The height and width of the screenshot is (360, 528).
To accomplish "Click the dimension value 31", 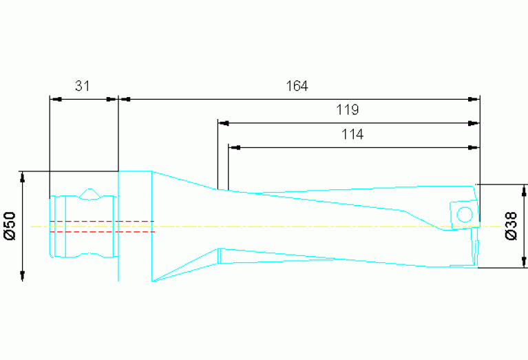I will pyautogui.click(x=83, y=86).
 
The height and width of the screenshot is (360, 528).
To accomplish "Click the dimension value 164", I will pyautogui.click(x=297, y=86).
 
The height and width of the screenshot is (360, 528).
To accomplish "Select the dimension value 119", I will pyautogui.click(x=347, y=109).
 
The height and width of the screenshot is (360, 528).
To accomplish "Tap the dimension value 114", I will pyautogui.click(x=352, y=135).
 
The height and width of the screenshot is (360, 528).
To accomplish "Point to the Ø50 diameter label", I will pyautogui.click(x=10, y=226).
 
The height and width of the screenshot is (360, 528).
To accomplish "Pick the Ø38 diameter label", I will pyautogui.click(x=511, y=226).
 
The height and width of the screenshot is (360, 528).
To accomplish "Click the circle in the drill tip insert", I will pyautogui.click(x=464, y=213).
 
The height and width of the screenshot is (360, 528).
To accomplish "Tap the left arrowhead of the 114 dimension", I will pyautogui.click(x=233, y=147).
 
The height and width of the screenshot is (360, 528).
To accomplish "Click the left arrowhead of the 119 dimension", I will pyautogui.click(x=223, y=124).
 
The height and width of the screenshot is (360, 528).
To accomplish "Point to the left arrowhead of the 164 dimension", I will pyautogui.click(x=125, y=99).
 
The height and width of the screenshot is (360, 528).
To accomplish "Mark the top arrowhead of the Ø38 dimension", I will pyautogui.click(x=525, y=189).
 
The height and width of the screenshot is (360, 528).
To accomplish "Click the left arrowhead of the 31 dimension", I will pyautogui.click(x=56, y=99).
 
